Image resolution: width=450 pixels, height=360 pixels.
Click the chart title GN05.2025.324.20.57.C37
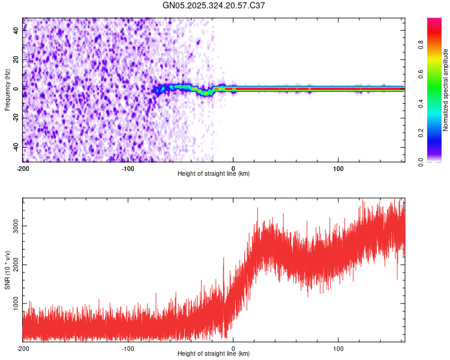pos(214,5)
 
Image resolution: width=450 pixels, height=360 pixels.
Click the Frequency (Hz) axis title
pos(7,90)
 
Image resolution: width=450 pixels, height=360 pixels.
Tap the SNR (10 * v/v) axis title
pos(7,270)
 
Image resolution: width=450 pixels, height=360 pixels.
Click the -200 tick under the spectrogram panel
pos(23,167)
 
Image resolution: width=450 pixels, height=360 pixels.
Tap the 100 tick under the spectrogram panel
pos(338,167)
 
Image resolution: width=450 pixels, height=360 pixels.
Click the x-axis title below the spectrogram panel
pos(214,173)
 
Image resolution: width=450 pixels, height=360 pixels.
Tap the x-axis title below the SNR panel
pos(214,354)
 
